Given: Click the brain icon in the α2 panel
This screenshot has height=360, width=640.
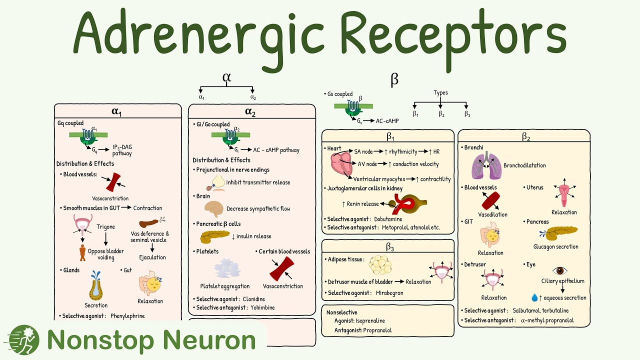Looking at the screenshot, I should point(214,208).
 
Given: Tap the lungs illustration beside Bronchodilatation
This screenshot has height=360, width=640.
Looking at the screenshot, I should point(485,165).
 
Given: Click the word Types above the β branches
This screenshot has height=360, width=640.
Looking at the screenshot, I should point(440,92).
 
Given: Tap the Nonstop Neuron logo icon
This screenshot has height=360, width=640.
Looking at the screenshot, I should point(24,340).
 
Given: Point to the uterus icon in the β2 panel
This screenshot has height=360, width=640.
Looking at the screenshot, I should point(563,194).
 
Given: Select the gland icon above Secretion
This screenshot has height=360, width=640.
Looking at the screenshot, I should point(95,284).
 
